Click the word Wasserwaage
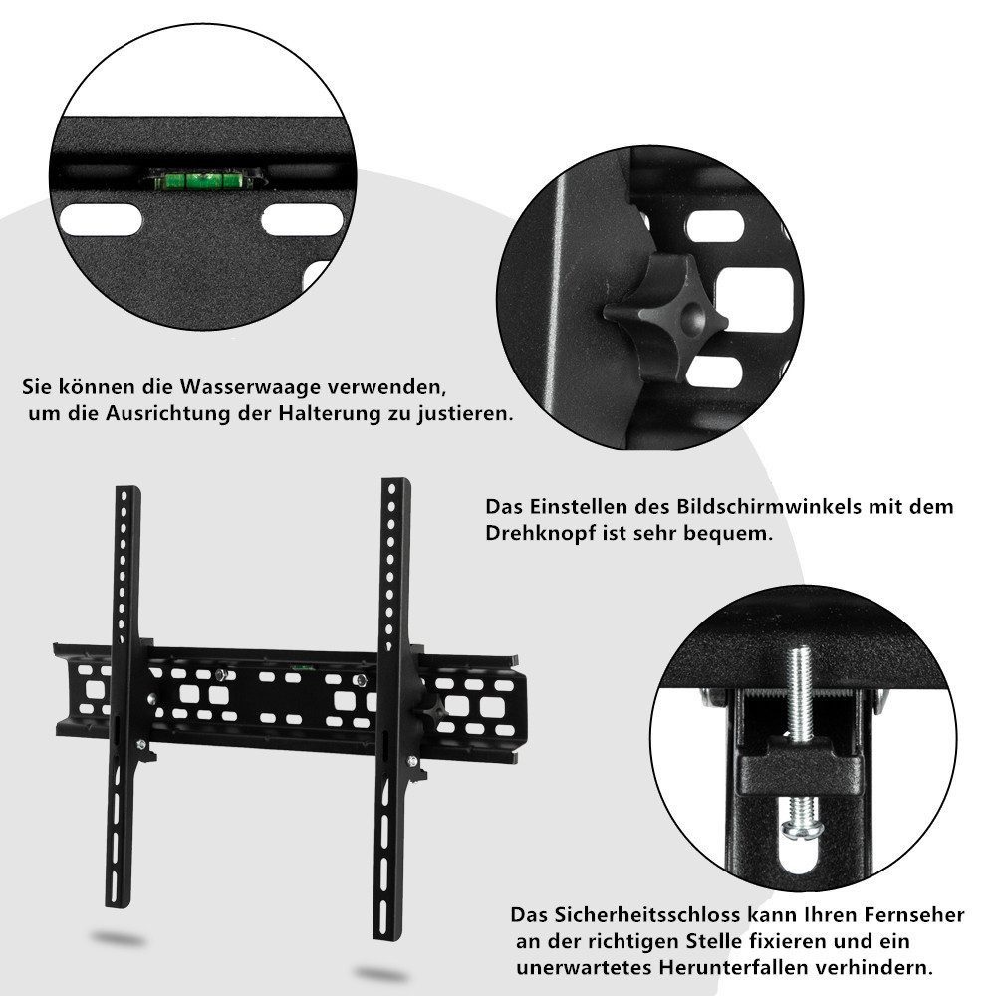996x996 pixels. (x=247, y=385)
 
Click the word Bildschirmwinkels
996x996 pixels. (x=765, y=506)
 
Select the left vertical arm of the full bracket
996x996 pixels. (x=127, y=697)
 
